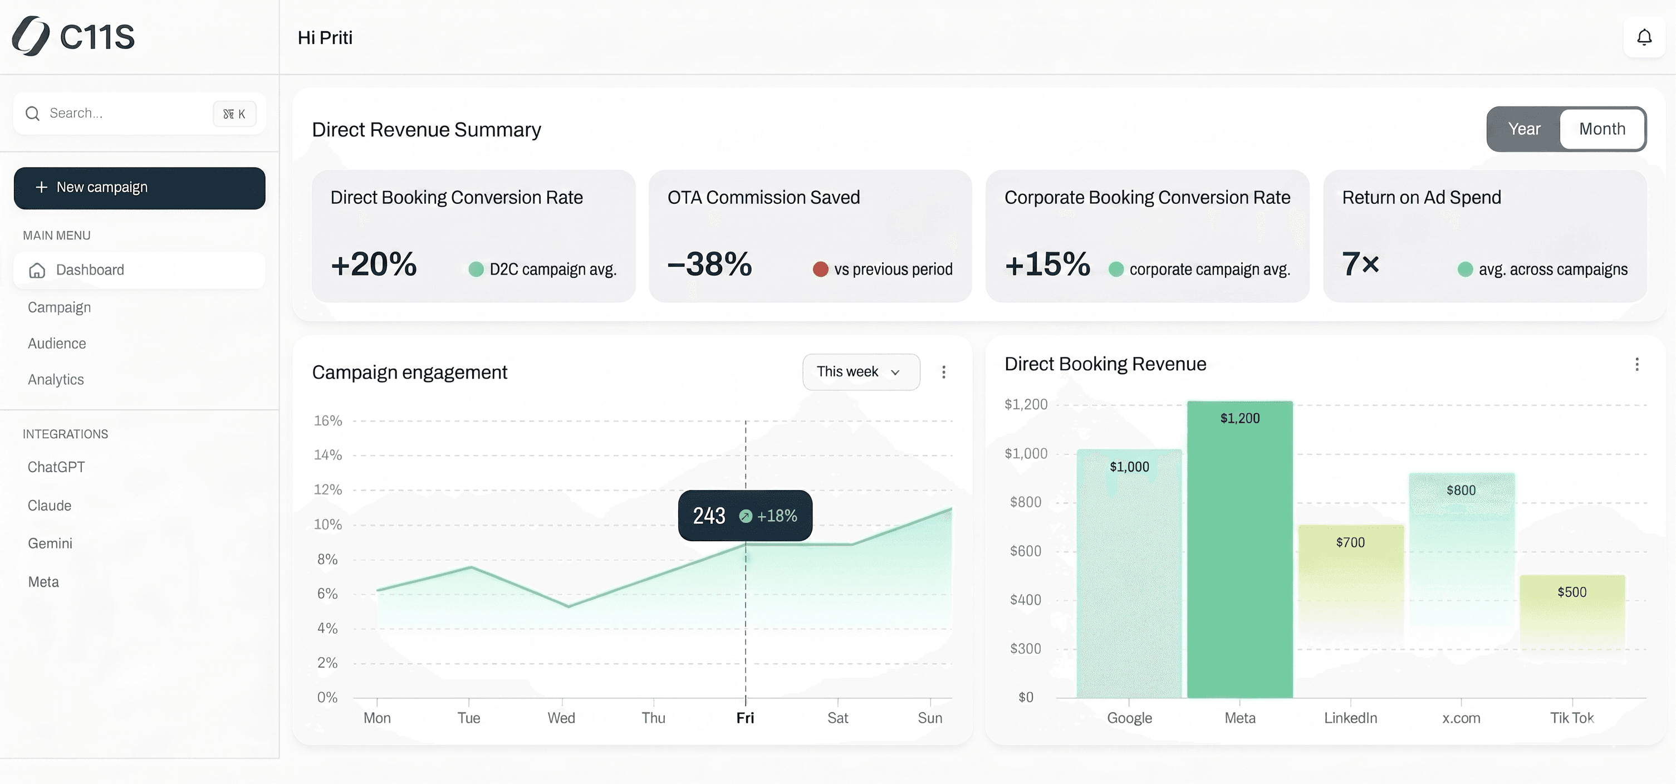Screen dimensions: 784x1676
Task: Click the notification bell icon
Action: click(x=1644, y=38)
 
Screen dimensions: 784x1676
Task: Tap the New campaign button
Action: click(x=139, y=188)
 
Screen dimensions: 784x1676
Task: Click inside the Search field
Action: click(x=124, y=113)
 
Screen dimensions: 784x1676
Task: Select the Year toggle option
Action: click(x=1524, y=129)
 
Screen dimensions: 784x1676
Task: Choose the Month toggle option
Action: click(x=1602, y=129)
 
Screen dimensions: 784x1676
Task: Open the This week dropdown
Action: click(x=860, y=371)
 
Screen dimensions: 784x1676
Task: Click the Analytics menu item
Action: click(x=56, y=379)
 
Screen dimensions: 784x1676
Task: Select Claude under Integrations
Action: click(x=50, y=506)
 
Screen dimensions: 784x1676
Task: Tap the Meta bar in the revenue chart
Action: click(x=1239, y=553)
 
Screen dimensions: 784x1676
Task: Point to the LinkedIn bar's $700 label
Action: click(x=1350, y=542)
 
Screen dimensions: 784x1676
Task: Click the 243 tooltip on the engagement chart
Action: click(x=744, y=515)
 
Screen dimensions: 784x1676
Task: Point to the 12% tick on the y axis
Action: click(x=328, y=489)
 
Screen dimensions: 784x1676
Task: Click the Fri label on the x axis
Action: click(x=745, y=718)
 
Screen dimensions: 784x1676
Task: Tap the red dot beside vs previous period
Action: click(x=820, y=269)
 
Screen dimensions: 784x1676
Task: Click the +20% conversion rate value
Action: click(x=374, y=264)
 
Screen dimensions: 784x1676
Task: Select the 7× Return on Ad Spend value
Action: click(x=1360, y=264)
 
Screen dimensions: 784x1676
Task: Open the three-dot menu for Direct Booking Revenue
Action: click(x=1636, y=364)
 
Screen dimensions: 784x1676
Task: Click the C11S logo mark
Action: click(x=31, y=36)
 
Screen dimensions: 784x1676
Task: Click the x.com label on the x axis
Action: click(x=1461, y=718)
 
